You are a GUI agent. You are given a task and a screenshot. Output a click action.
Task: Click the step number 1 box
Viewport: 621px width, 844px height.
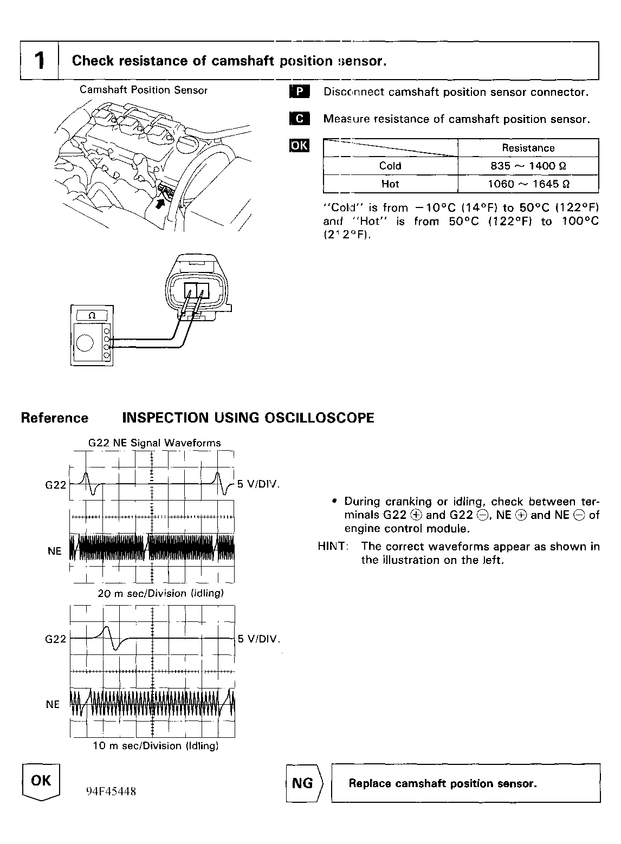pyautogui.click(x=39, y=60)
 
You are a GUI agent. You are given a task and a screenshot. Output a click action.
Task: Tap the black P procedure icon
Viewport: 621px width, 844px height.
pyautogui.click(x=299, y=92)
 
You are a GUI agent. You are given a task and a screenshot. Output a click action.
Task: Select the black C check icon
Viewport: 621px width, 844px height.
pyautogui.click(x=299, y=119)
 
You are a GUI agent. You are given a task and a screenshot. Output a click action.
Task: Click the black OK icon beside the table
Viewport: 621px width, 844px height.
pyautogui.click(x=299, y=145)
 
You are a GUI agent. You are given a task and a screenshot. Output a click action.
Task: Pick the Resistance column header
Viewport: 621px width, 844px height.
pyautogui.click(x=528, y=148)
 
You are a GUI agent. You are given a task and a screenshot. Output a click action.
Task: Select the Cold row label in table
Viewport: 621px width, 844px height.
pyautogui.click(x=390, y=166)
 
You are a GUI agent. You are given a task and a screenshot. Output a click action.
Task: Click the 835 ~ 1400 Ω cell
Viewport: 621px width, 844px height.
pyautogui.click(x=528, y=166)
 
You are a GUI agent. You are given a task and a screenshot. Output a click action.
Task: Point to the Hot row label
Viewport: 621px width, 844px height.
pyautogui.click(x=390, y=184)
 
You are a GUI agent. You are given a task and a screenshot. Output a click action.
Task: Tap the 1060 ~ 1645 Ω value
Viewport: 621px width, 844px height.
pyautogui.click(x=528, y=184)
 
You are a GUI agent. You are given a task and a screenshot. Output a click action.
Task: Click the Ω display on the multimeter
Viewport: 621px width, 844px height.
pyautogui.click(x=91, y=315)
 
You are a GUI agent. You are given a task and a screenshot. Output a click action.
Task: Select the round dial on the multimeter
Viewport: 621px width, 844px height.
pyautogui.click(x=85, y=343)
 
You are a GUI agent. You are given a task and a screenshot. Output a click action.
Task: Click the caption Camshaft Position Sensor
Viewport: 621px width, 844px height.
pyautogui.click(x=144, y=90)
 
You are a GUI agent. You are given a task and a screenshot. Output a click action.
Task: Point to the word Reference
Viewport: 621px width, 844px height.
pyautogui.click(x=54, y=418)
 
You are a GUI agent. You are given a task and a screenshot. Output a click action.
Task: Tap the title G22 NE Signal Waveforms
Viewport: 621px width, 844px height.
pyautogui.click(x=154, y=443)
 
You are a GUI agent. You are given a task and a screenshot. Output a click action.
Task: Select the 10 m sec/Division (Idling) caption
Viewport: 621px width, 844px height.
pyautogui.click(x=156, y=745)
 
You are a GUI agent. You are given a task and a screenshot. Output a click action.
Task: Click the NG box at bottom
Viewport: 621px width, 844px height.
pyautogui.click(x=303, y=783)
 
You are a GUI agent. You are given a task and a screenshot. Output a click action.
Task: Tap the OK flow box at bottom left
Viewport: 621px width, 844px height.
pyautogui.click(x=41, y=781)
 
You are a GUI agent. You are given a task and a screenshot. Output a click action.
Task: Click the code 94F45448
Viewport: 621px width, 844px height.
pyautogui.click(x=111, y=791)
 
